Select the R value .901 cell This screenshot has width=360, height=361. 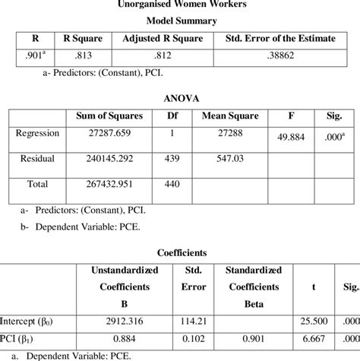(33, 55)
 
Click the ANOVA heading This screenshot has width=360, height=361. (180, 98)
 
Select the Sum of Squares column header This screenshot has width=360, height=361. (106, 116)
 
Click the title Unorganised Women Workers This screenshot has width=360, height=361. (180, 5)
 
